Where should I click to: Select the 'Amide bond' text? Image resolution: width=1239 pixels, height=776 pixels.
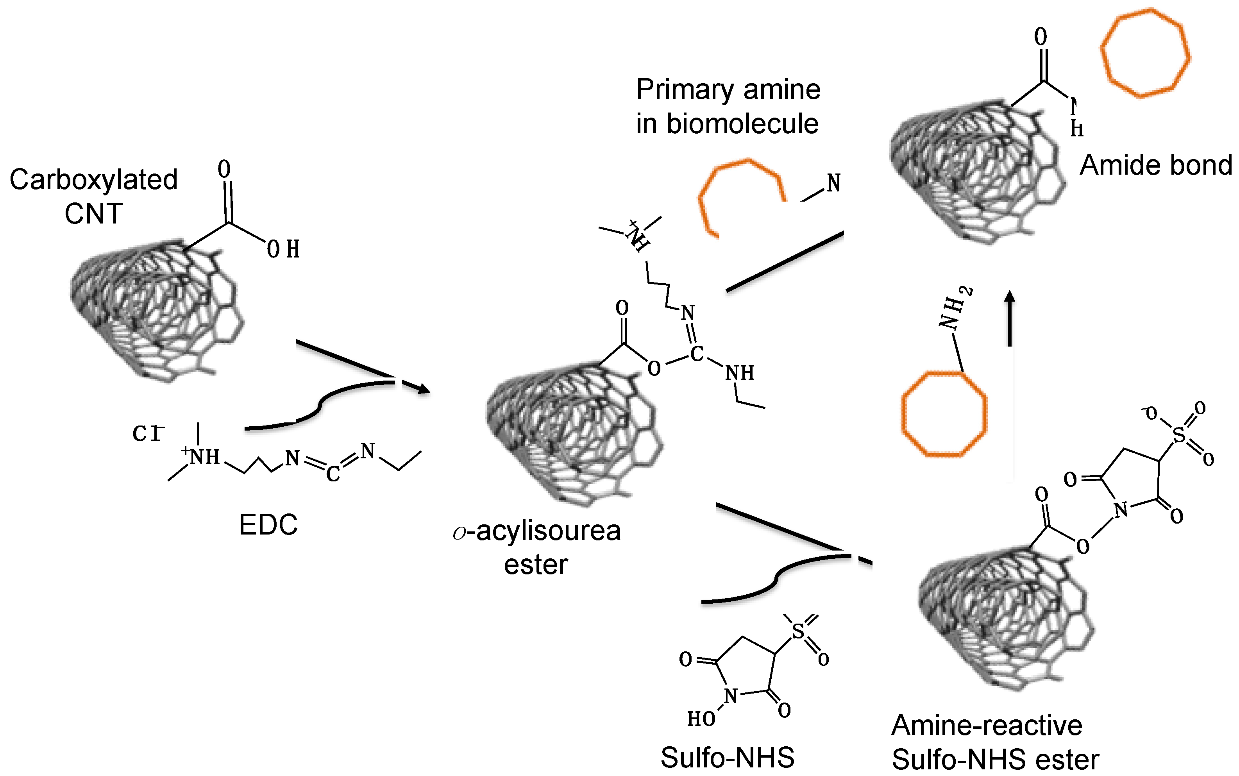pyautogui.click(x=1156, y=165)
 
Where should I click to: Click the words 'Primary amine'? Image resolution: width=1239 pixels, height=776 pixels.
pyautogui.click(x=728, y=90)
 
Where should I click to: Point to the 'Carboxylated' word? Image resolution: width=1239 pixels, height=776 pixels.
pyautogui.click(x=93, y=180)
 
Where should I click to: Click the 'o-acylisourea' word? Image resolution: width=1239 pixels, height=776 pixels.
pyautogui.click(x=536, y=531)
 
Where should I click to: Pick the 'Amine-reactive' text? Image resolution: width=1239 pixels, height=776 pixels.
pyautogui.click(x=987, y=725)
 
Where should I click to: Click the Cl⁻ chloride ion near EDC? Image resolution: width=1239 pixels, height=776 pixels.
pyautogui.click(x=148, y=434)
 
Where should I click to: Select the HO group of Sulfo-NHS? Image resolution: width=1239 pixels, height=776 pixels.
pyautogui.click(x=701, y=719)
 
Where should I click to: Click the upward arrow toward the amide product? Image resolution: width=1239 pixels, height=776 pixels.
pyautogui.click(x=1010, y=318)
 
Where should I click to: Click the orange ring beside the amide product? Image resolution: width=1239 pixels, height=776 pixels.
pyautogui.click(x=1144, y=53)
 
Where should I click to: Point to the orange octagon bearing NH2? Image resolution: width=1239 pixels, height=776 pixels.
pyautogui.click(x=944, y=414)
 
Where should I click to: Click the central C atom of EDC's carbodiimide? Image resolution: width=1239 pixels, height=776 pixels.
pyautogui.click(x=333, y=474)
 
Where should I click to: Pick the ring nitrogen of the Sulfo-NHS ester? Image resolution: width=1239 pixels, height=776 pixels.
pyautogui.click(x=1121, y=510)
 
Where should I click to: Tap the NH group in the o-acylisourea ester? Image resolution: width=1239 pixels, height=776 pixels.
pyautogui.click(x=740, y=373)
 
